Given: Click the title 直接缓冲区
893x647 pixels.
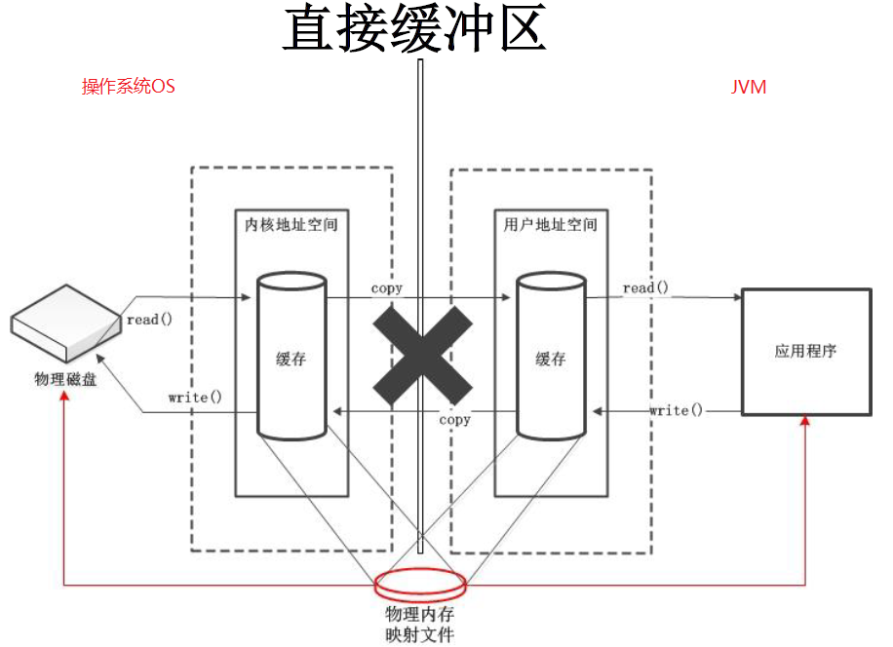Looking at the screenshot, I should [414, 28].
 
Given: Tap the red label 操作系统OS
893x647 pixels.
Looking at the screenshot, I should [128, 87].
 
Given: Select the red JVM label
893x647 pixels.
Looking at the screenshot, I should [749, 87].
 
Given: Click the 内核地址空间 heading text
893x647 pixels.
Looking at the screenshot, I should [291, 224].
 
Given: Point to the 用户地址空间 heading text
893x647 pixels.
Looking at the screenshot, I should [550, 224].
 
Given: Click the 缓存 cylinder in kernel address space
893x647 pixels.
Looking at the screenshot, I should [291, 358].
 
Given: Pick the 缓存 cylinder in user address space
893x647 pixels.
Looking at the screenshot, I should [550, 358].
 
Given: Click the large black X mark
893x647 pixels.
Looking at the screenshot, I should [420, 352].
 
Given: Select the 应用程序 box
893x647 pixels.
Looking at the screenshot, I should [805, 351].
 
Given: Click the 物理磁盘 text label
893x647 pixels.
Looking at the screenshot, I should [65, 379].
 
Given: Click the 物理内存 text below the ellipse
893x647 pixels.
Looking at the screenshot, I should [420, 615].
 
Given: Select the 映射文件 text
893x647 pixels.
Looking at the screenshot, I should [420, 635].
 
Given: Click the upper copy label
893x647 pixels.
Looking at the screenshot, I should [387, 288].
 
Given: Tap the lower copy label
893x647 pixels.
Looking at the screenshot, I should [454, 419].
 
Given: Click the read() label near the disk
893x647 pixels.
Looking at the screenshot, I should [150, 320].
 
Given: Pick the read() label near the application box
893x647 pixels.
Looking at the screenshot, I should [646, 288].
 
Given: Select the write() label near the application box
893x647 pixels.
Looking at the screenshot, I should [676, 410].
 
